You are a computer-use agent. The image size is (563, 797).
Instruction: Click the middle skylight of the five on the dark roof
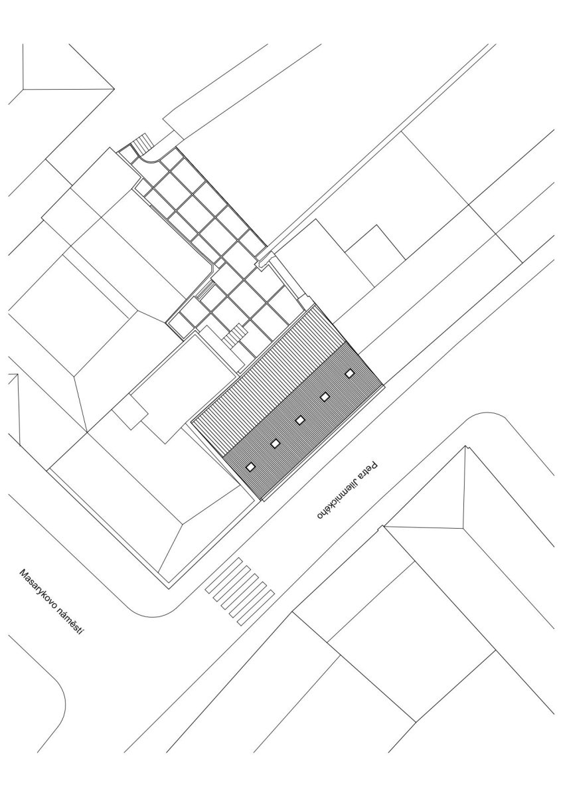(x=300, y=420)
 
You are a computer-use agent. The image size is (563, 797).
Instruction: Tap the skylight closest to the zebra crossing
(x=251, y=466)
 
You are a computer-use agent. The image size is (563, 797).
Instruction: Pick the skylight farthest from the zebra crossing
(x=350, y=373)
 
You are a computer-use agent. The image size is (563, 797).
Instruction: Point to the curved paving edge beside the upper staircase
(x=149, y=160)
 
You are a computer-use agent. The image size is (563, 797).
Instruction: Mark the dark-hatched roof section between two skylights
(x=288, y=432)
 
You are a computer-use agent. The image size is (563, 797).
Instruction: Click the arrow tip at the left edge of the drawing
(x=17, y=375)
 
